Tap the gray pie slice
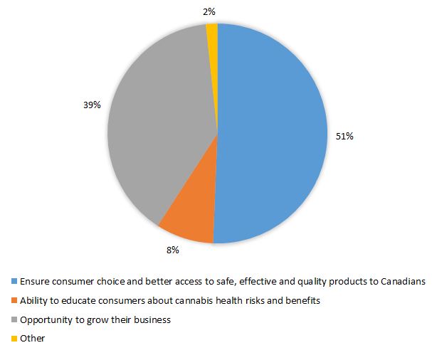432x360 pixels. click(157, 121)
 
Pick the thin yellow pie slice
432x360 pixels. click(212, 32)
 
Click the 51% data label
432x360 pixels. click(344, 136)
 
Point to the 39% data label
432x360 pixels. click(92, 105)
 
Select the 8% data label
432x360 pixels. click(172, 250)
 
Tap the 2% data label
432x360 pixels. click(210, 10)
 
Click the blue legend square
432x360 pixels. click(14, 282)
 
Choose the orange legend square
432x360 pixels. click(14, 301)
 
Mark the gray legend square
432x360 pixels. click(14, 320)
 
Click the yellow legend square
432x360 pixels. click(14, 339)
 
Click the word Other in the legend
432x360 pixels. click(32, 339)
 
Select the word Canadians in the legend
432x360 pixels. click(403, 282)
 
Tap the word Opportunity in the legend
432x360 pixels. click(45, 320)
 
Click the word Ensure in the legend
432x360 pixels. click(34, 282)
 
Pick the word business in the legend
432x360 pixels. click(154, 320)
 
